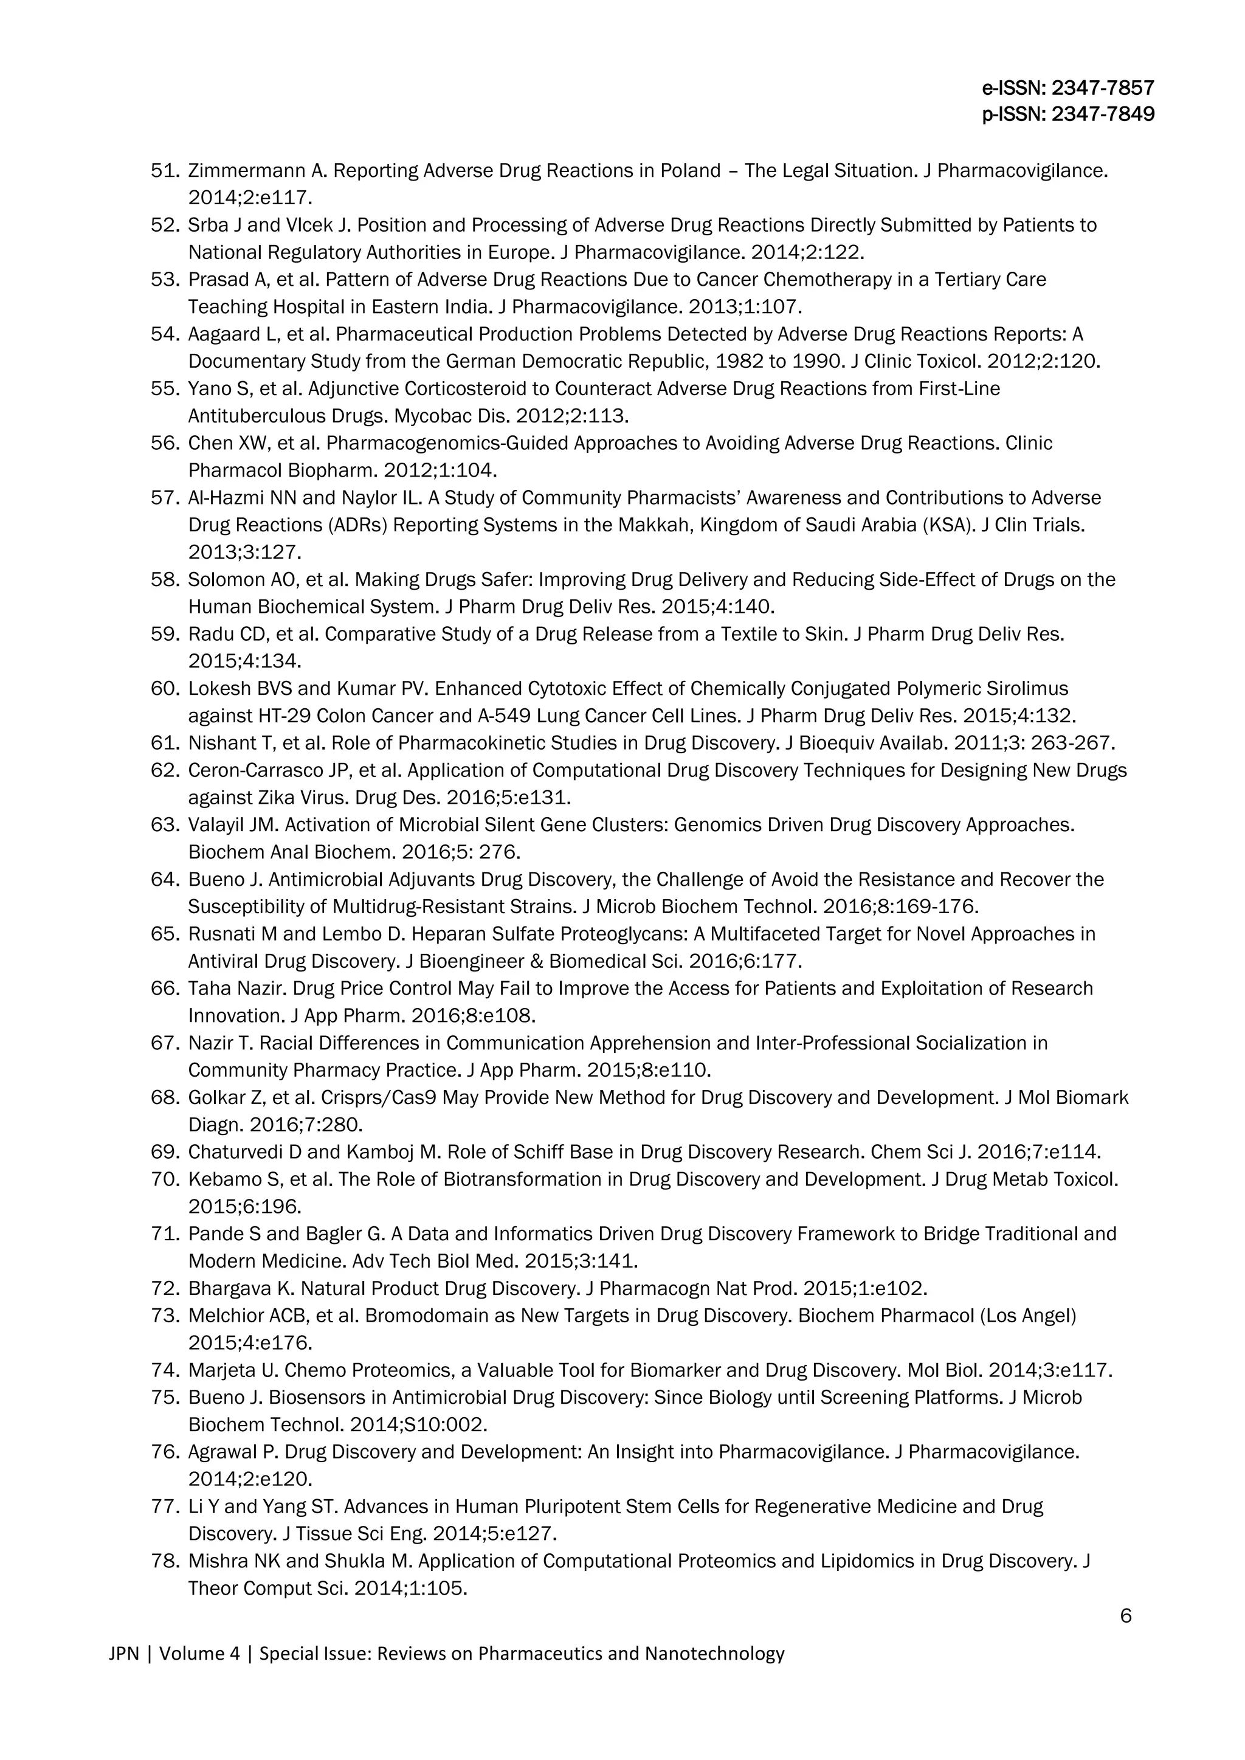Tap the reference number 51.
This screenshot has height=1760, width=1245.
click(x=164, y=170)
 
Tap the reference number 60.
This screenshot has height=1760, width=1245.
click(x=164, y=688)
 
